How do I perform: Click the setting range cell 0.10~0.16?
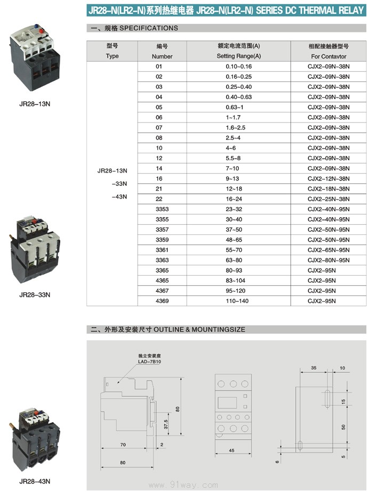click(238, 67)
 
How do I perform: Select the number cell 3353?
click(162, 209)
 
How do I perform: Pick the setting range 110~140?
click(238, 301)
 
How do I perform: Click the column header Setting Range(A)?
click(238, 56)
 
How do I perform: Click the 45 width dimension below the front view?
click(231, 450)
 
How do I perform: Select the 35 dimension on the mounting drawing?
click(313, 368)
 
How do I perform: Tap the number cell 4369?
click(162, 301)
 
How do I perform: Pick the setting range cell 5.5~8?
click(238, 159)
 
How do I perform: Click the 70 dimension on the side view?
click(123, 444)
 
